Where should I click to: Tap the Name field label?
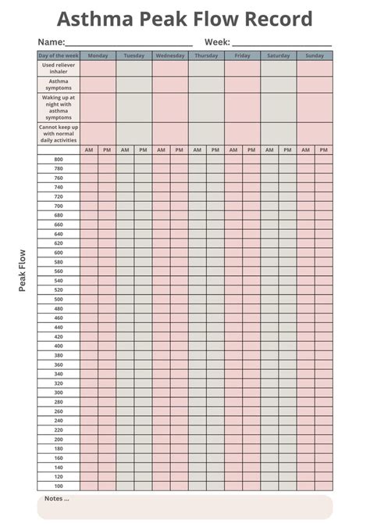pyautogui.click(x=51, y=42)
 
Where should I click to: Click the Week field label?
pyautogui.click(x=217, y=42)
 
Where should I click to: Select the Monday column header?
pyautogui.click(x=98, y=56)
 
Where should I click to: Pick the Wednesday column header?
pyautogui.click(x=170, y=56)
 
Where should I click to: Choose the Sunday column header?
pyautogui.click(x=315, y=56)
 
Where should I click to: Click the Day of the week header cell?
pyautogui.click(x=59, y=56)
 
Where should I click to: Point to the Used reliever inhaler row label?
pyautogui.click(x=59, y=68)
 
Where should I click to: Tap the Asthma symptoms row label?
pyautogui.click(x=59, y=84)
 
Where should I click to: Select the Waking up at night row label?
pyautogui.click(x=59, y=107)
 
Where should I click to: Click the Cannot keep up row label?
pyautogui.click(x=59, y=133)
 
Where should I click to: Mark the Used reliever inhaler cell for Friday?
pyautogui.click(x=243, y=68)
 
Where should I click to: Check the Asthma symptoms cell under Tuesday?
pyautogui.click(x=134, y=84)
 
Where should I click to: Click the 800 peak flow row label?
pyautogui.click(x=59, y=160)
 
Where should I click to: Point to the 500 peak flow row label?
pyautogui.click(x=59, y=300)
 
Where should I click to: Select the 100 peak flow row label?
pyautogui.click(x=59, y=486)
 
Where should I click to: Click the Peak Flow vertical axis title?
pyautogui.click(x=23, y=270)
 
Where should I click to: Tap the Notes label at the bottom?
pyautogui.click(x=56, y=498)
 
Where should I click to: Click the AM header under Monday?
pyautogui.click(x=89, y=149)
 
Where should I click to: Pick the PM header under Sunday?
pyautogui.click(x=324, y=149)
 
